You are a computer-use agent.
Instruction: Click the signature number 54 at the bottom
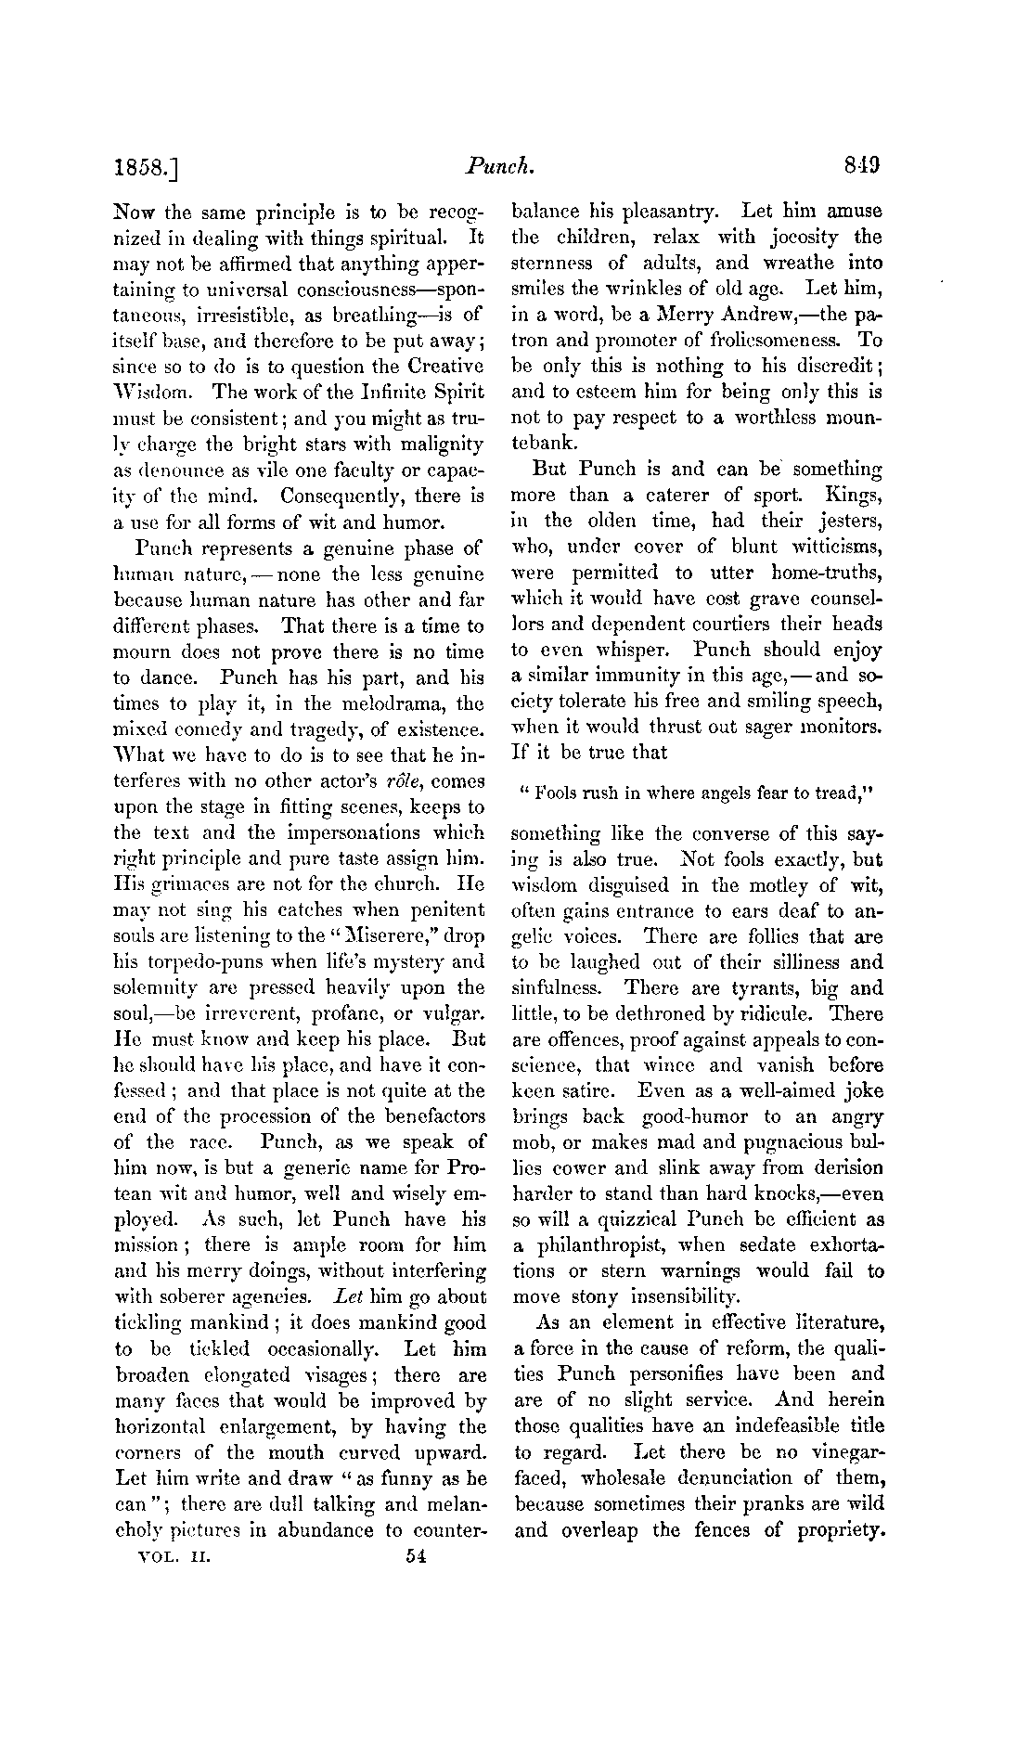(x=415, y=1559)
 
